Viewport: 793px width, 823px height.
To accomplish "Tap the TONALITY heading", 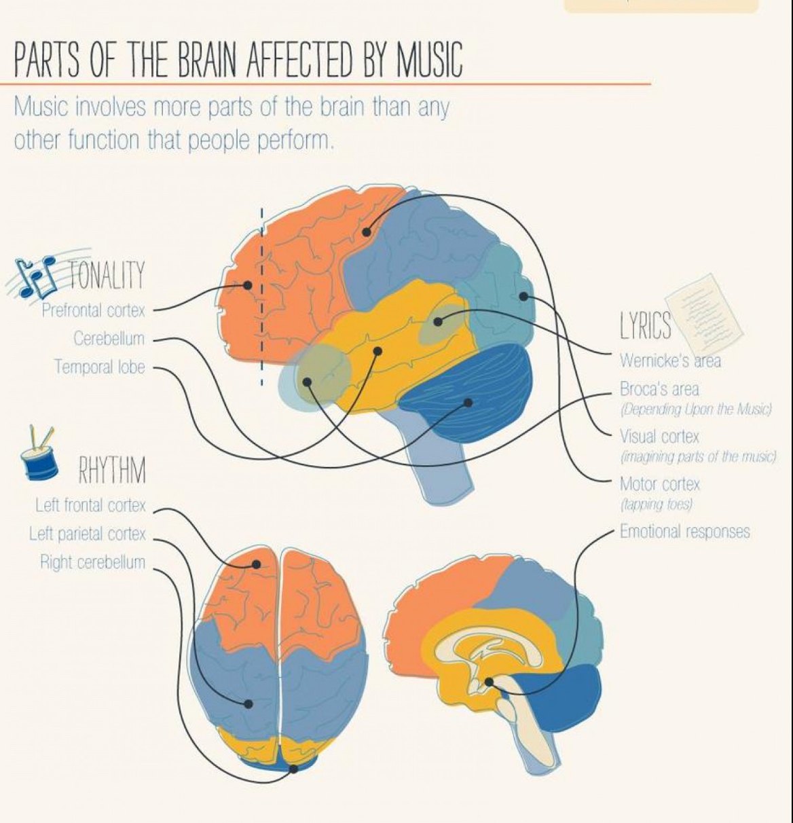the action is [107, 275].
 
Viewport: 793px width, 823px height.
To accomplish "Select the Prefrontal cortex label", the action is [94, 311].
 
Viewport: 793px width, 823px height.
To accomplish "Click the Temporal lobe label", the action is [100, 367].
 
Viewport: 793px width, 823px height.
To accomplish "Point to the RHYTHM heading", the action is [112, 471].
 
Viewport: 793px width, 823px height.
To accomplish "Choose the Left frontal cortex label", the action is [90, 506].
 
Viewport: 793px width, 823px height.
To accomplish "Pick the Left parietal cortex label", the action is [88, 534].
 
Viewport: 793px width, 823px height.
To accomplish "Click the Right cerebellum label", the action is [92, 563].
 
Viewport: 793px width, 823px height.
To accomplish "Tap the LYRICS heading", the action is [645, 326].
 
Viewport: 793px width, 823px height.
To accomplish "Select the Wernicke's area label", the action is [670, 361].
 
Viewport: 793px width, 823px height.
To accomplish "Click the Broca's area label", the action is [659, 390].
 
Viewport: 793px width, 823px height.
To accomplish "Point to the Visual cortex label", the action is [659, 437].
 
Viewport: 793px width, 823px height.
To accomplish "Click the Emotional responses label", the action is [684, 531].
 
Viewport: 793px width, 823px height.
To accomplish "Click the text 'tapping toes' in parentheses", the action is [656, 505].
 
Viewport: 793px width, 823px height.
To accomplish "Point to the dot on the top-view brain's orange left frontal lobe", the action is [257, 564].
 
